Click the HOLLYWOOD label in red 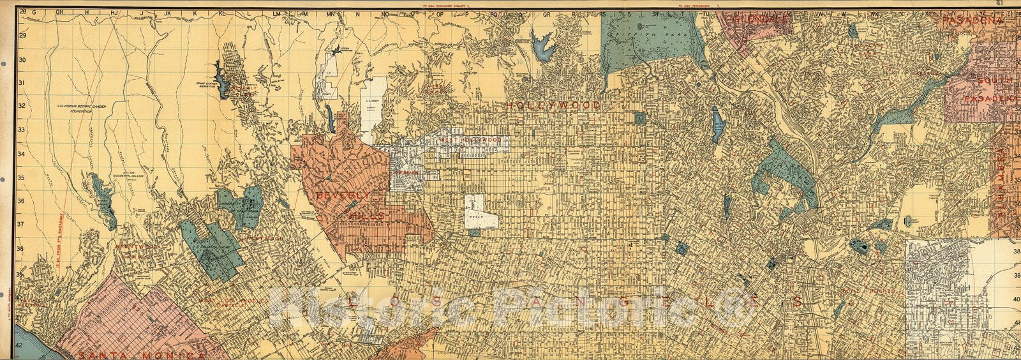coord(553,105)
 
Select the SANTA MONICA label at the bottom coord(138,354)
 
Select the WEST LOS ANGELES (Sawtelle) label coord(227,301)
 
